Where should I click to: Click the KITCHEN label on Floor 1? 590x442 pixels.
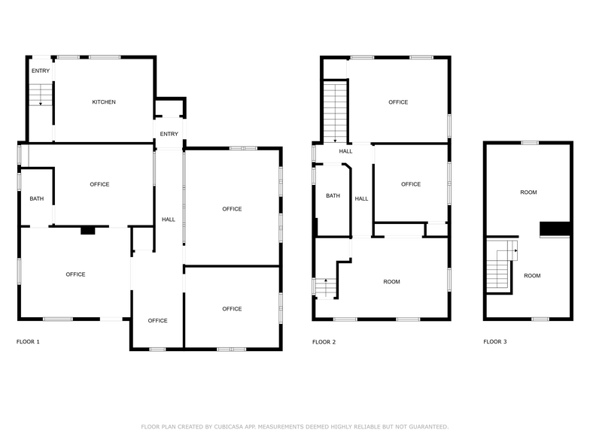[x=104, y=102]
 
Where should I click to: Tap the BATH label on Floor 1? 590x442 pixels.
[x=36, y=199]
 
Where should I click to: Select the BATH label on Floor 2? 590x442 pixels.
[x=333, y=196]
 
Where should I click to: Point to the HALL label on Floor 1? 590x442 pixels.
[x=169, y=219]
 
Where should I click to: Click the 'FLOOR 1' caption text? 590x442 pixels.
[x=28, y=342]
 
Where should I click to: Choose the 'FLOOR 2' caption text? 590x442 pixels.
[x=324, y=342]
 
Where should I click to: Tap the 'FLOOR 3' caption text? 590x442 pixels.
[x=494, y=342]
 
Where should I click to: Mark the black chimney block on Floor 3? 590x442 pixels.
[x=555, y=229]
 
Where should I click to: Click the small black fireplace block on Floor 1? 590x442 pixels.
[x=88, y=232]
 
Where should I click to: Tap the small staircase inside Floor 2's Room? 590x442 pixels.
[x=324, y=287]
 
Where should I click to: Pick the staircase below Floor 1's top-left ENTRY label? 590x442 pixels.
[x=41, y=94]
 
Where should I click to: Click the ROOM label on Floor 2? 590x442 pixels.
[x=391, y=282]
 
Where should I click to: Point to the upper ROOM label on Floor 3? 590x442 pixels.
[x=528, y=193]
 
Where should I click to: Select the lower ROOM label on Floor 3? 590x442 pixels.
[x=532, y=276]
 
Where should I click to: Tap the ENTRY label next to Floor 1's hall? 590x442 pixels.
[x=169, y=135]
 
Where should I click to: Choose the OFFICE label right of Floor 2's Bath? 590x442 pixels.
[x=411, y=185]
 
